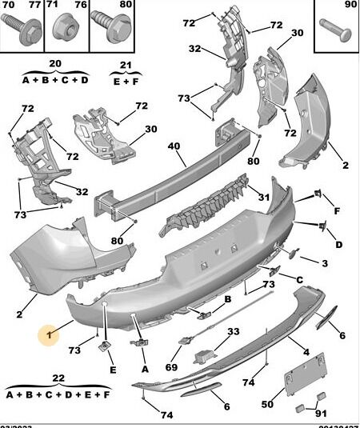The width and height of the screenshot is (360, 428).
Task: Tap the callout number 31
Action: point(263,198)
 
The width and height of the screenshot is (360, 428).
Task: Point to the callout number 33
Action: point(233,331)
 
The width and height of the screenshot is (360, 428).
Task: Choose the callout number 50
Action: point(268,393)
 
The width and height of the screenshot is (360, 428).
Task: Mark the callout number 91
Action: point(321,413)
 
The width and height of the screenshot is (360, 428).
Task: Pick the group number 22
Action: point(58,378)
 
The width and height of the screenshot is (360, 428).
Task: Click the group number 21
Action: point(126,64)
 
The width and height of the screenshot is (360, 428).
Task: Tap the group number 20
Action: point(55,64)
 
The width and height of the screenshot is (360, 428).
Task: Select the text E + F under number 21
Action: point(126,80)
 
